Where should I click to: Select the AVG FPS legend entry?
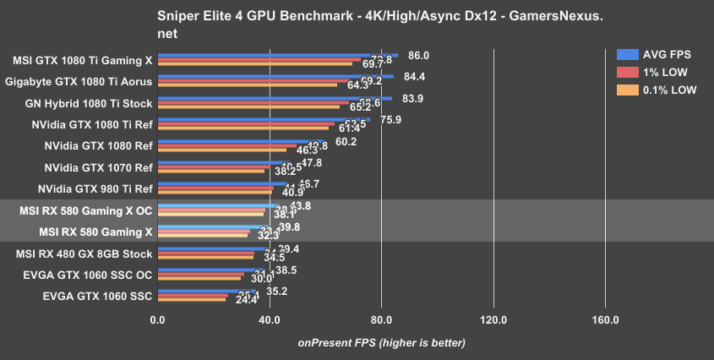point(667,52)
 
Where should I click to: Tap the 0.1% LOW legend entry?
point(668,90)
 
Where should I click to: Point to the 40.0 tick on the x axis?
point(269,320)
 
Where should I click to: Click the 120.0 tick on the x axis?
point(493,320)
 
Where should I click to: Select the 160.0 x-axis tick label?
point(605,320)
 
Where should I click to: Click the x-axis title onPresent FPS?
point(381,343)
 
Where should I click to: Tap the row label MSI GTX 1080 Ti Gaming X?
point(83,60)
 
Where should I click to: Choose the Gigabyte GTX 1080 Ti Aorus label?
point(79,82)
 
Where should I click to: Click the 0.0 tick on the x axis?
point(157,320)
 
